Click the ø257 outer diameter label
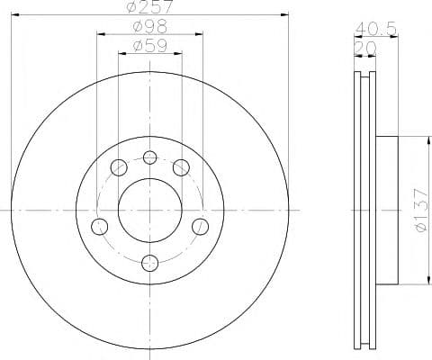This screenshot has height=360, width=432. point(150,8)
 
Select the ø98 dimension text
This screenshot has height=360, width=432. point(150,27)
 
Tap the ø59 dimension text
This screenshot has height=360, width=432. point(150,46)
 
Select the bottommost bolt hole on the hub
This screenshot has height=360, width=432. point(150,263)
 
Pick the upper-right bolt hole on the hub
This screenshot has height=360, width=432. point(182,166)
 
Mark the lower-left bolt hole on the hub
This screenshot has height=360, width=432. point(100,224)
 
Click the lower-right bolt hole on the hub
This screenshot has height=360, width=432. point(201,224)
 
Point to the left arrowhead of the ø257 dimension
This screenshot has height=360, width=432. point(13,14)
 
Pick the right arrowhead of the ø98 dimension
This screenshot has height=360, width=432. point(202,33)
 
